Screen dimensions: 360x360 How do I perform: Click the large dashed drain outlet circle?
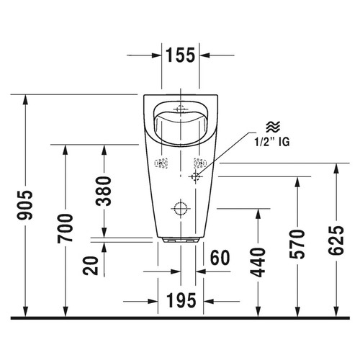pyautogui.click(x=179, y=210)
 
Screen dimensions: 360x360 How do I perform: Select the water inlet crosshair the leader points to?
pyautogui.click(x=197, y=174)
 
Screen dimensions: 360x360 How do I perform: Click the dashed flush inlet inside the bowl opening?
pyautogui.click(x=180, y=109)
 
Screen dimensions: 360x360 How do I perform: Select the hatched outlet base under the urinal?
pyautogui.click(x=180, y=239)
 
